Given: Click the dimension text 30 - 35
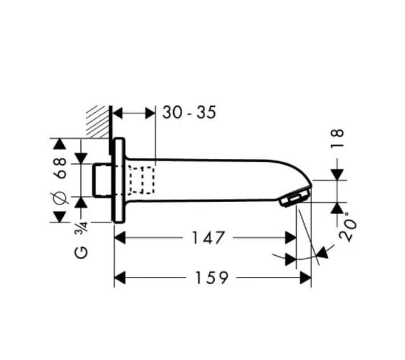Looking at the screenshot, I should [189, 113].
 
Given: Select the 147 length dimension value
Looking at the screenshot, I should [208, 238].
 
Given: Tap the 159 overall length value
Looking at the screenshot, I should [211, 278].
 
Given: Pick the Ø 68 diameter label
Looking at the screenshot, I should [60, 179].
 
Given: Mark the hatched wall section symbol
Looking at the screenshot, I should [97, 121].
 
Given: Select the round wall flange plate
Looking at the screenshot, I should [119, 179].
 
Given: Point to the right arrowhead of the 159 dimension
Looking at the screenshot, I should [306, 278].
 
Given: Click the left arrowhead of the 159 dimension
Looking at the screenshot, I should [120, 278].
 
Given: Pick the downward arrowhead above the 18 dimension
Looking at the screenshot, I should [338, 174].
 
